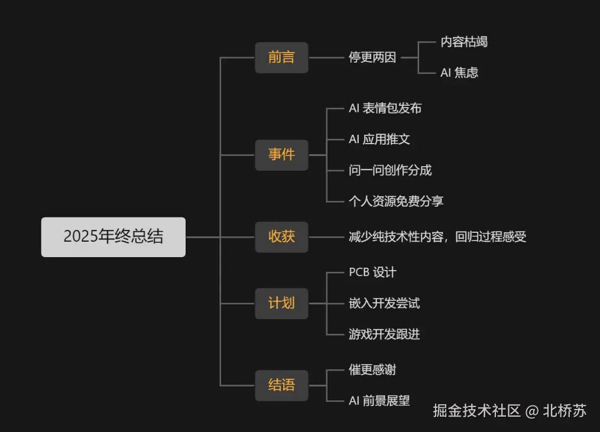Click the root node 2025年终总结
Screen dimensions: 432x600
click(x=113, y=237)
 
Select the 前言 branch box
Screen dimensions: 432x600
click(x=281, y=58)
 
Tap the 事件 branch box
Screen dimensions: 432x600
click(x=281, y=155)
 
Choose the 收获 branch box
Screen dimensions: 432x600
click(x=281, y=237)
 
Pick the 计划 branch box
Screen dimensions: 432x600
click(x=281, y=304)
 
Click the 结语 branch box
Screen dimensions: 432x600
click(x=281, y=385)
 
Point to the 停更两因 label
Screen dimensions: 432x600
click(x=372, y=58)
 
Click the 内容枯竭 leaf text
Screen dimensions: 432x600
click(x=464, y=42)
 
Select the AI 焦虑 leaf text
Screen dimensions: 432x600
click(x=459, y=73)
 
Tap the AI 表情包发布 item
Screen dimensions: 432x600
click(x=385, y=109)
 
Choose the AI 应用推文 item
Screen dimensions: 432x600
click(x=379, y=139)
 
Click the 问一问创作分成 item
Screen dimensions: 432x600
click(x=390, y=170)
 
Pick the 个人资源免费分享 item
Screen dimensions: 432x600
click(x=396, y=201)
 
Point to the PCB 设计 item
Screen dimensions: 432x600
click(x=372, y=273)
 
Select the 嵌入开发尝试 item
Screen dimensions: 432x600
click(x=384, y=304)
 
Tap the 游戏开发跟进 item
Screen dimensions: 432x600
click(x=384, y=334)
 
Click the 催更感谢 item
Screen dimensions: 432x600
click(x=372, y=370)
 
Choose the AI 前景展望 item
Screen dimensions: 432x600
click(x=379, y=401)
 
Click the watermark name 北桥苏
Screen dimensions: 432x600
click(x=565, y=411)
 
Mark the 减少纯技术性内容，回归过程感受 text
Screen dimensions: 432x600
click(x=437, y=237)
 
